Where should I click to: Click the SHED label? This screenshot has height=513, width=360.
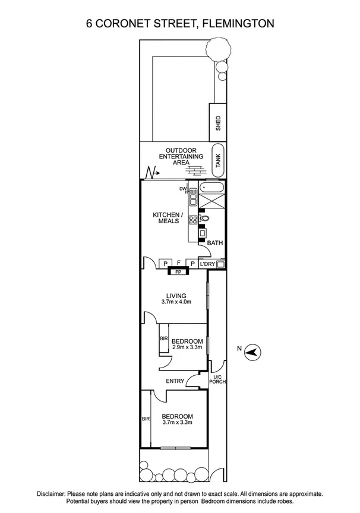tap(218, 123)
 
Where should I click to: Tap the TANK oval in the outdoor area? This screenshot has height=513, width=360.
tap(218, 160)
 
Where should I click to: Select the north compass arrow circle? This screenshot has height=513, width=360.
tap(253, 352)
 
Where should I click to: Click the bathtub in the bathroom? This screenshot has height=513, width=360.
tap(212, 188)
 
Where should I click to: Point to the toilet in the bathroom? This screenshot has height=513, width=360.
tap(204, 218)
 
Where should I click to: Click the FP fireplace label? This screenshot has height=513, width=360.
tap(178, 271)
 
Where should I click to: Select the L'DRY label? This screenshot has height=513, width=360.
tap(207, 264)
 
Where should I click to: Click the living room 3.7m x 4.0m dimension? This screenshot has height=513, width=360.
tap(176, 302)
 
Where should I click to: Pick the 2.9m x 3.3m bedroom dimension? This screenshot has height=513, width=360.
tap(187, 347)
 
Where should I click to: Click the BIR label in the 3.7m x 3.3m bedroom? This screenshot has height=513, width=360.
tap(146, 419)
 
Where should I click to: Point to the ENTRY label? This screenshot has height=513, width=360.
tap(175, 381)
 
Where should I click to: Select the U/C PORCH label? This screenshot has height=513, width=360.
tap(217, 379)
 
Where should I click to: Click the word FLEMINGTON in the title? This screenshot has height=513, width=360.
tap(238, 24)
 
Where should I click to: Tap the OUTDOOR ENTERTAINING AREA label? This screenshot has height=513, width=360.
tap(181, 156)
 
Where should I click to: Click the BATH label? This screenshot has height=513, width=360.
tap(215, 243)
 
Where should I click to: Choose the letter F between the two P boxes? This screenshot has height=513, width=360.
tap(179, 262)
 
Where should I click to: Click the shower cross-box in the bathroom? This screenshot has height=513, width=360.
tap(212, 201)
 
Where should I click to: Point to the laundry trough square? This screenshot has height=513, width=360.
tap(221, 264)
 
